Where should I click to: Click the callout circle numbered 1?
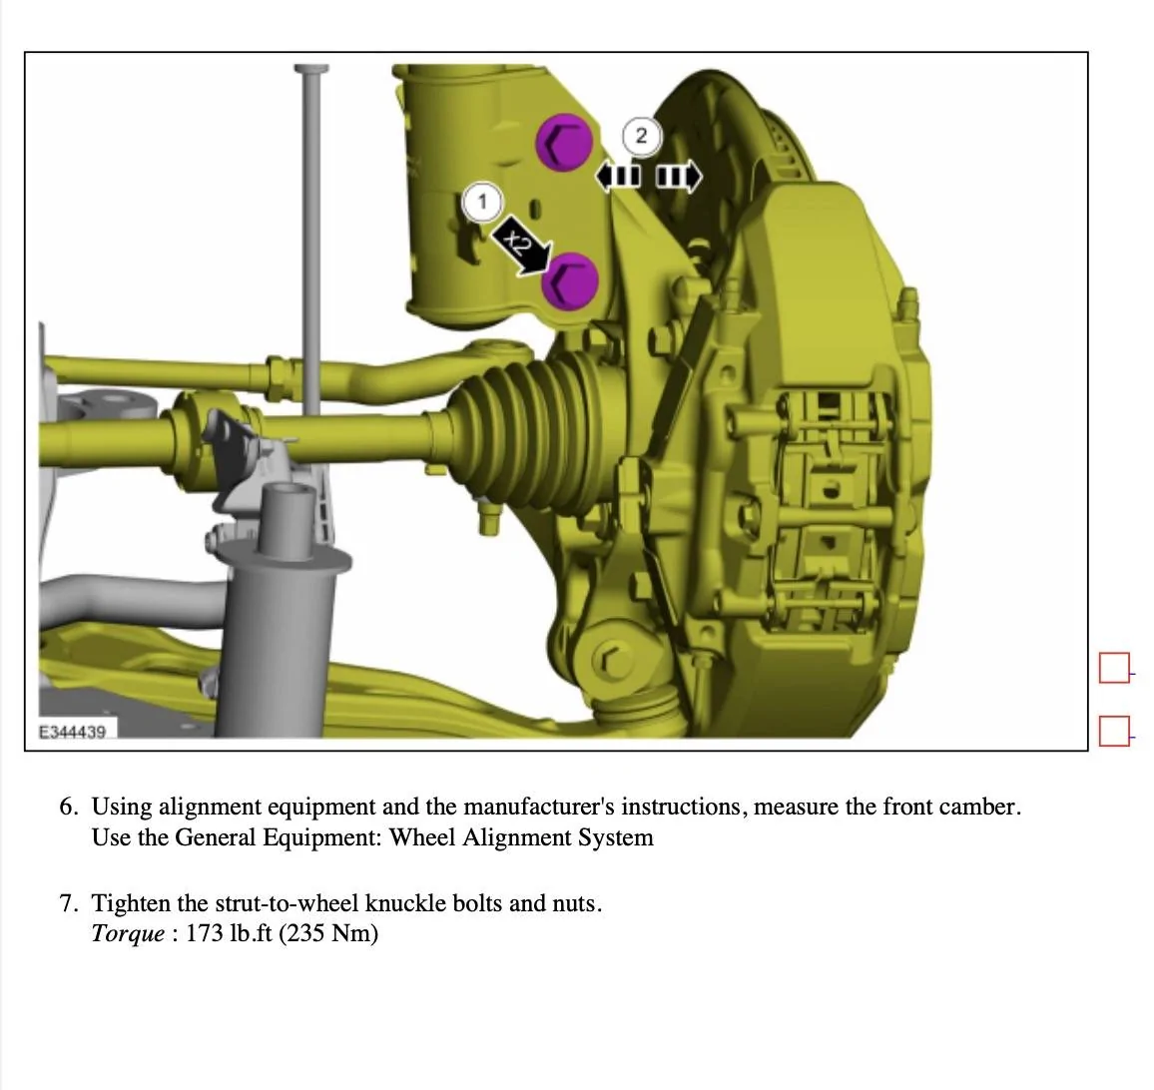[482, 201]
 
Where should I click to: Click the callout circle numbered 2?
[641, 136]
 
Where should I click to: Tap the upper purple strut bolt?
[564, 142]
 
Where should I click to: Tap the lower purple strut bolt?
[570, 281]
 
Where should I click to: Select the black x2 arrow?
[521, 246]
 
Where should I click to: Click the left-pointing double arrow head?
[617, 177]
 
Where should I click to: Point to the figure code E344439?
[72, 732]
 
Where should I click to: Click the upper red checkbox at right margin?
[1114, 668]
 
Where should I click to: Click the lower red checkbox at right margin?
[1114, 731]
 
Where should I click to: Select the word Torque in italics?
[128, 934]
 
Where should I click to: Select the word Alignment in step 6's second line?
[516, 838]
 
